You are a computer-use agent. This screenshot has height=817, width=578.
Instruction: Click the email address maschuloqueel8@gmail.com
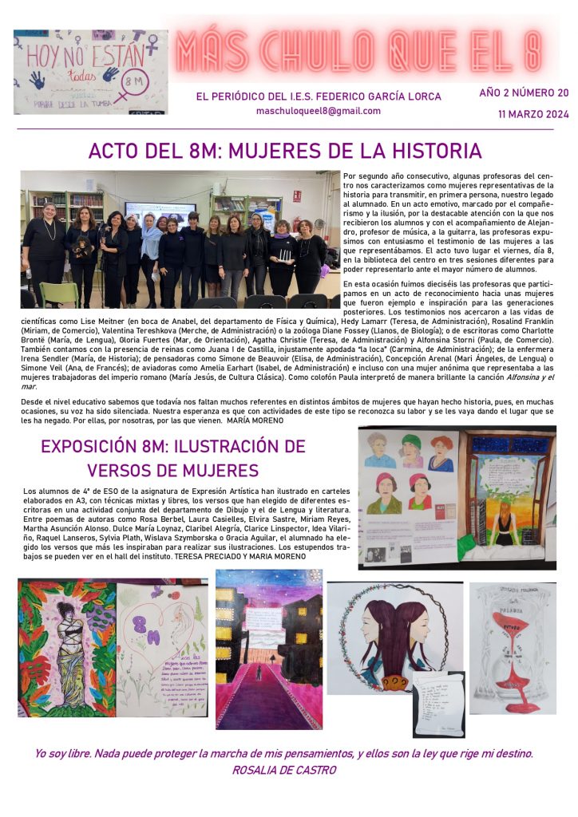coord(318,111)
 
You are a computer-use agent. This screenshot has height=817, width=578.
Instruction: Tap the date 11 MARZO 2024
coord(532,114)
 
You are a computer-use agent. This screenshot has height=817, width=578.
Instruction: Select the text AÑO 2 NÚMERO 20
coord(524,93)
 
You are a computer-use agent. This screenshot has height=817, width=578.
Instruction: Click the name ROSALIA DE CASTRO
coord(284,770)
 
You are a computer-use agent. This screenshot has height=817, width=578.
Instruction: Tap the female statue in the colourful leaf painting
coord(66,645)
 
